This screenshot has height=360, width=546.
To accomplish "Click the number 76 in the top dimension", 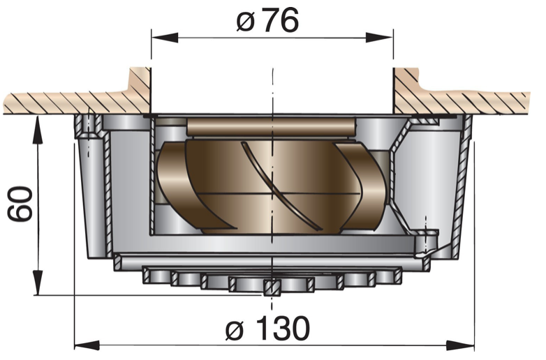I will click(281, 22).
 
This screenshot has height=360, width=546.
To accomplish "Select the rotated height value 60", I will click(22, 204).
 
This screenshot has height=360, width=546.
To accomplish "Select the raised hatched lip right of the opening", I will click(409, 87).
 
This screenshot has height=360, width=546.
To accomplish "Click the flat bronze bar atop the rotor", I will click(272, 128).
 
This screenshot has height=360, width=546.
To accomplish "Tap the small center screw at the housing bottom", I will click(273, 287).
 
